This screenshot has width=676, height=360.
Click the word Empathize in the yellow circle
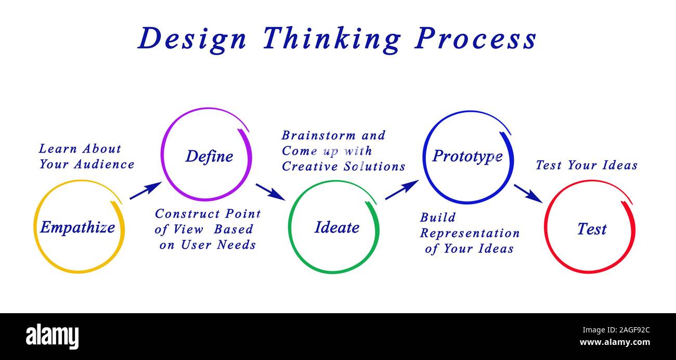pos(77,227)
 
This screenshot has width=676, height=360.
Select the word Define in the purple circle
pos(209,156)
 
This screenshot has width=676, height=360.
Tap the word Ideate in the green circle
pos(337,227)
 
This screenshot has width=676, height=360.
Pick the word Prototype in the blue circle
pos(467,156)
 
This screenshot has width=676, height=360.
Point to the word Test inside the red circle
pos(592,229)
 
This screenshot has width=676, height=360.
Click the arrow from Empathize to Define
pos(145,190)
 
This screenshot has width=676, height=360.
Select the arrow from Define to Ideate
pos(270,191)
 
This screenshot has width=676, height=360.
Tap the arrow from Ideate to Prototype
pos(401,190)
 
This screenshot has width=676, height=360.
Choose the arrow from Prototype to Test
pos(528,193)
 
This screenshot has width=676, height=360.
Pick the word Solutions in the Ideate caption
pos(374,166)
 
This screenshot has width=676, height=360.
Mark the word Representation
pos(470,233)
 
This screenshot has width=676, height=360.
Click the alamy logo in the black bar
pos(52,337)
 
